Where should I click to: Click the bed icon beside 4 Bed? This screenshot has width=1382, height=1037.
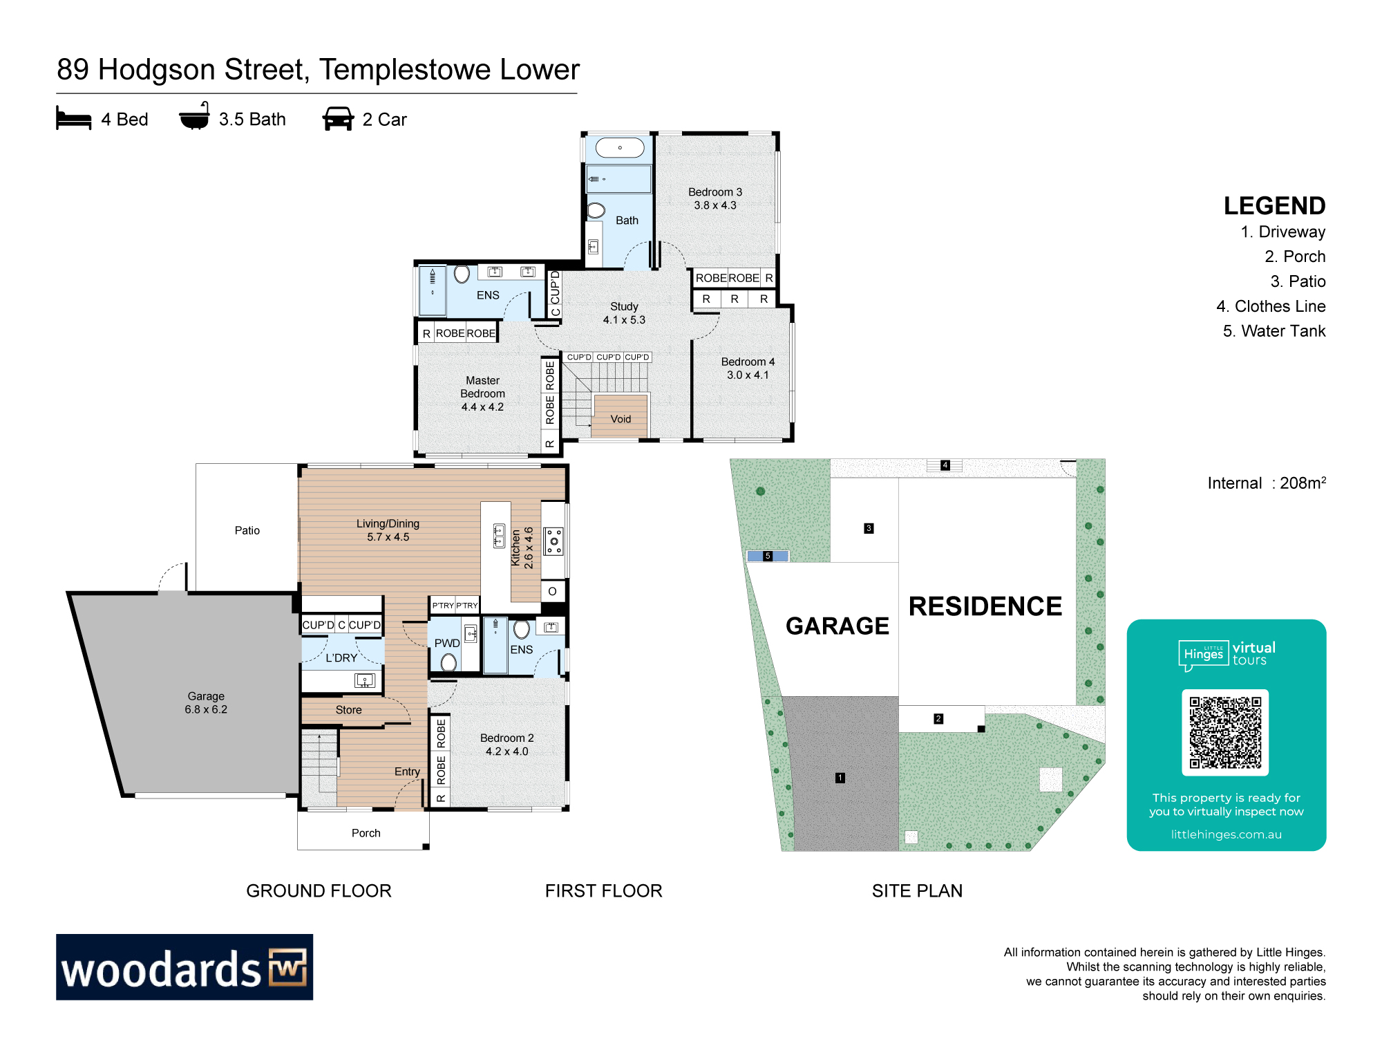pos(73,118)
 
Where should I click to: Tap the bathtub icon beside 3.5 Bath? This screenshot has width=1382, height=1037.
pos(194,116)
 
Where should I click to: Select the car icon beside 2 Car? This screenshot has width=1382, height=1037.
pos(338,118)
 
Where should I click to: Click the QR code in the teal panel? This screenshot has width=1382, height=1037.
pos(1225,732)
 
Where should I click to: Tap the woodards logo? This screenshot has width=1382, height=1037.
pos(184,966)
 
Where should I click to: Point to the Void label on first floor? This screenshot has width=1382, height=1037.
pos(621,419)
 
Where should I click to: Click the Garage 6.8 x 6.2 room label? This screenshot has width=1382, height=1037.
pos(206,702)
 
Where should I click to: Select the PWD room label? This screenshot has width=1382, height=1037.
pos(447,643)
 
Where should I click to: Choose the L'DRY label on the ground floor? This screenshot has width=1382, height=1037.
pos(341,657)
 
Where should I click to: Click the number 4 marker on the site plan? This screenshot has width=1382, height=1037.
pos(945,465)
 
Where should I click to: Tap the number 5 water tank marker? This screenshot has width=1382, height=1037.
pos(768,556)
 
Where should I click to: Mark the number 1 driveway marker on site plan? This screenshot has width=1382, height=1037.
pos(840,778)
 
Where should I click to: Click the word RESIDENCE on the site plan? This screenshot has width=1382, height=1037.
pos(985,606)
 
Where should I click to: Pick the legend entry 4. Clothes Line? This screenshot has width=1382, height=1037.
pos(1271,306)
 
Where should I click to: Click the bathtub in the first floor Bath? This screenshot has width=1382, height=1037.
pos(620,147)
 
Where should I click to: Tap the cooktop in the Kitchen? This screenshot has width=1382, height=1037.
pos(553,541)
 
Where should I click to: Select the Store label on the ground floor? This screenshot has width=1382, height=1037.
pos(348,710)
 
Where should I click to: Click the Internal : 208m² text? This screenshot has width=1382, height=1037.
pos(1267,483)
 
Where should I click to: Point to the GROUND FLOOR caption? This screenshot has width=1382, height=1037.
pos(319,890)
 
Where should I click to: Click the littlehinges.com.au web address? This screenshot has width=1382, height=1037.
pos(1226,834)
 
